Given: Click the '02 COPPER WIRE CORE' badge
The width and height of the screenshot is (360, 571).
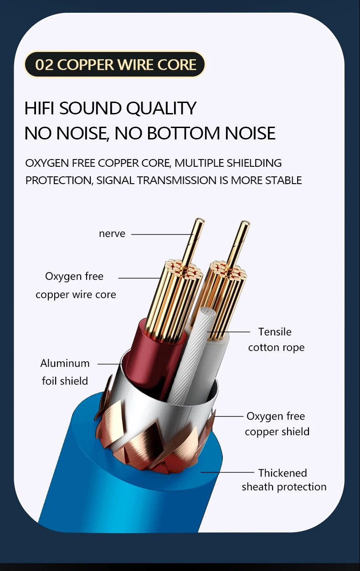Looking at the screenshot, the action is tap(115, 65).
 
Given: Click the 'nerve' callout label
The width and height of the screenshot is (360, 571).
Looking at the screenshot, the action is tap(112, 234).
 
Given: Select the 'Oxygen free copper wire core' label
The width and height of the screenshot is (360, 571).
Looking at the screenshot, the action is tap(76, 285).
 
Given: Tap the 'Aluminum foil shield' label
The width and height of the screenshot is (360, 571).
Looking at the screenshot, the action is tap(65, 372).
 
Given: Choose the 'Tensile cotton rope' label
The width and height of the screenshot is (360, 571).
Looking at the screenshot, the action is tap(276, 340).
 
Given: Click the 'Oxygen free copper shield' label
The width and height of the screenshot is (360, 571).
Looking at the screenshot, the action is tap(277, 424).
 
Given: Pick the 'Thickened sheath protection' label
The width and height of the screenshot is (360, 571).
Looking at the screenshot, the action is tap(284, 480).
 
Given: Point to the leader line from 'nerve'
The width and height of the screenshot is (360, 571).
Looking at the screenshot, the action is tap(162, 235).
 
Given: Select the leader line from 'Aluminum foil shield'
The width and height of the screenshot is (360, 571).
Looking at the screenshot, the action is tap(109, 364).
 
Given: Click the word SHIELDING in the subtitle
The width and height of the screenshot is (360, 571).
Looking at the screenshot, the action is tap(255, 163).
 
